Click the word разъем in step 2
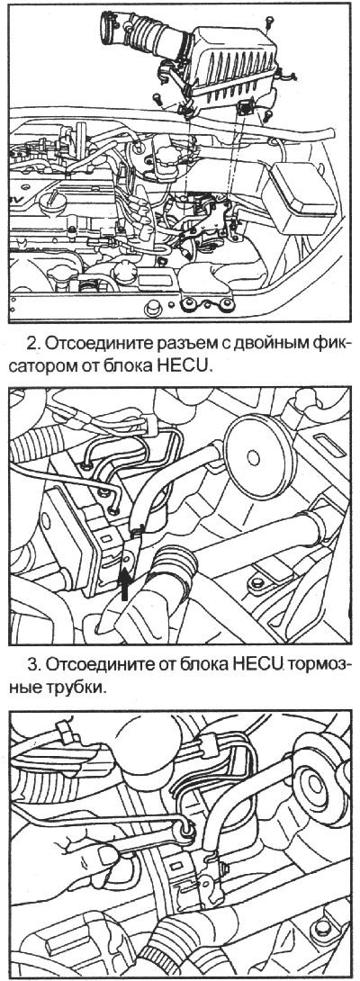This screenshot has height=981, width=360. pos(181,343)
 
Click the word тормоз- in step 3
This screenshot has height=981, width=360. pos(319,667)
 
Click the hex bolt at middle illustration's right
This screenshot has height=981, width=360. pos(257,582)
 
